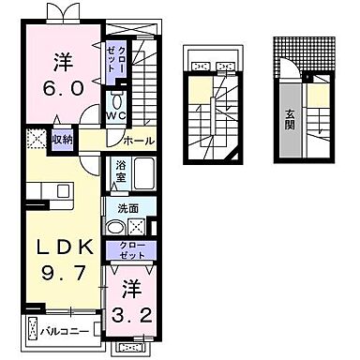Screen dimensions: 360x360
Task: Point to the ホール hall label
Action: [x=139, y=141]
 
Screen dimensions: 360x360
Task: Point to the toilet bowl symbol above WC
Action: [x=116, y=100]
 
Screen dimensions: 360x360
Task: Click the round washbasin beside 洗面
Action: [x=114, y=227]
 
